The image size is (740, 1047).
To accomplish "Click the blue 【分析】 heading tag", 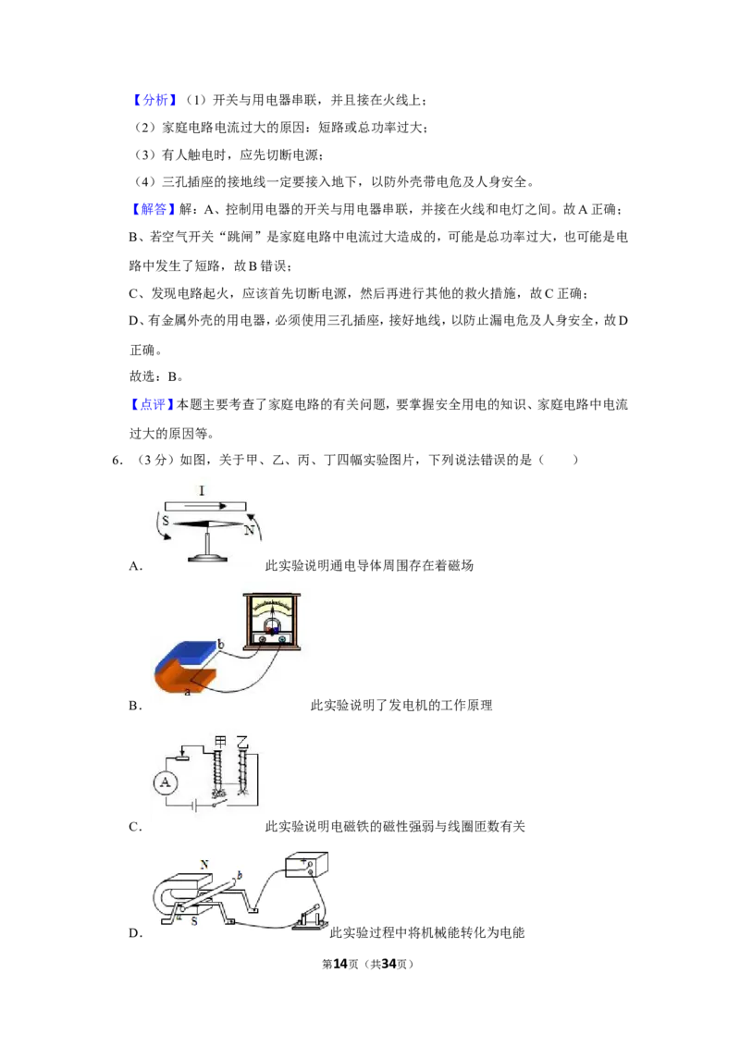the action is pyautogui.click(x=154, y=100).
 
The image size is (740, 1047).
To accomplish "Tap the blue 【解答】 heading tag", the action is pyautogui.click(x=154, y=210).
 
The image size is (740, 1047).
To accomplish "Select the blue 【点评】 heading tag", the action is pyautogui.click(x=153, y=404).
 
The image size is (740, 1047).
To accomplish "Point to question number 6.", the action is pyautogui.click(x=117, y=460).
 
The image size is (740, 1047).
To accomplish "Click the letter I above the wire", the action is pyautogui.click(x=202, y=491).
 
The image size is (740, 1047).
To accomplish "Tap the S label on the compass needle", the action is pyautogui.click(x=166, y=520).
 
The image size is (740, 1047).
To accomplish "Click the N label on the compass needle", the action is pyautogui.click(x=249, y=530).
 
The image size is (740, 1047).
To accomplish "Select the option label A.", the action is pyautogui.click(x=135, y=566).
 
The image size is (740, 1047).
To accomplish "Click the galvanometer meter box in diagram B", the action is pyautogui.click(x=272, y=621).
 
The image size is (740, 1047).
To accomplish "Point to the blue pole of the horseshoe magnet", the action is pyautogui.click(x=186, y=655).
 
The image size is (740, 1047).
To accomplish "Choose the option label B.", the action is pyautogui.click(x=135, y=706).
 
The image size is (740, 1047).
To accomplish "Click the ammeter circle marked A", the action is pyautogui.click(x=166, y=782).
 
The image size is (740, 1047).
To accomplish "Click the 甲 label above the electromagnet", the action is pyautogui.click(x=220, y=741).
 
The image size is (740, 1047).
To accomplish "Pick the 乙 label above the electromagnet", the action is pyautogui.click(x=242, y=741).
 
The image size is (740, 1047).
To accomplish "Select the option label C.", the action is pyautogui.click(x=135, y=827).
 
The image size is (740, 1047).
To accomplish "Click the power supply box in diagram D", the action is pyautogui.click(x=306, y=865).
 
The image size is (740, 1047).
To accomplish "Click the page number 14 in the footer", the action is pyautogui.click(x=340, y=964).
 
